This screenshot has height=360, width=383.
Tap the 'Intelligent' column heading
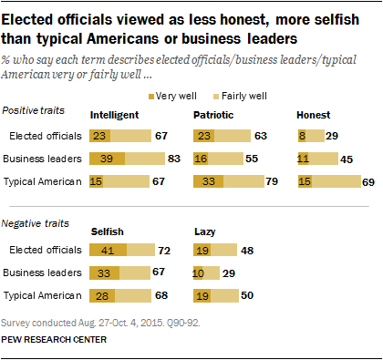click(114, 116)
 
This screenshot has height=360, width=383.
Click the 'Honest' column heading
click(315, 116)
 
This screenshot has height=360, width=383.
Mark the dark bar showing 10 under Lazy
click(198, 273)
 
